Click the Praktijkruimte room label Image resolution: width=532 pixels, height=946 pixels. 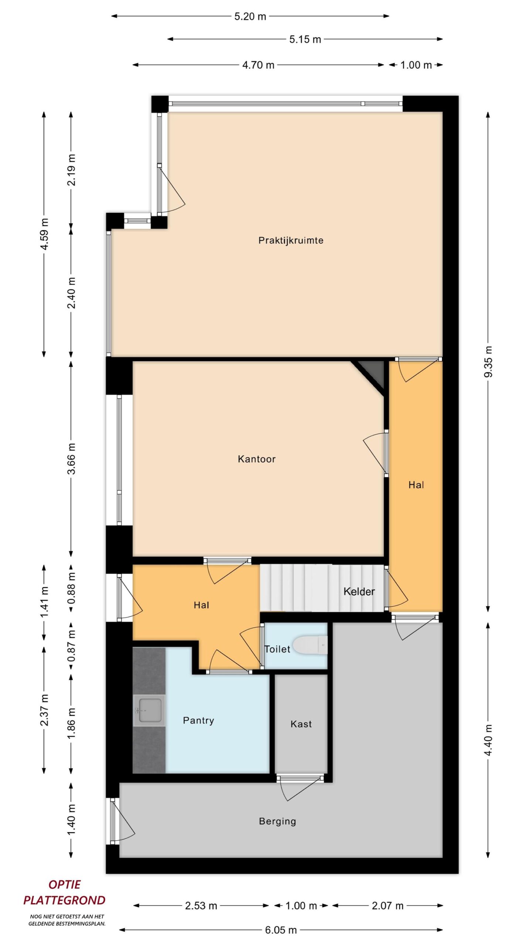(291, 241)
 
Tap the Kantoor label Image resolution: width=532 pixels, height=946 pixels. (257, 459)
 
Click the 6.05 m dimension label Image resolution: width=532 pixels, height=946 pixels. (281, 930)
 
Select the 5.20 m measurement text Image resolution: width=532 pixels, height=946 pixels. (250, 17)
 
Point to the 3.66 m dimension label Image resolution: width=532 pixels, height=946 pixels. (72, 458)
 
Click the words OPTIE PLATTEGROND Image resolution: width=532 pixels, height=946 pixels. (64, 892)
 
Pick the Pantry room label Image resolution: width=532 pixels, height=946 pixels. (198, 720)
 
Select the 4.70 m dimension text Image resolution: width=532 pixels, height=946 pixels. (258, 65)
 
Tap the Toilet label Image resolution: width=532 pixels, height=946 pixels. (277, 649)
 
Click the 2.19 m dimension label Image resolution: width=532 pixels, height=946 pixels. (72, 170)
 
